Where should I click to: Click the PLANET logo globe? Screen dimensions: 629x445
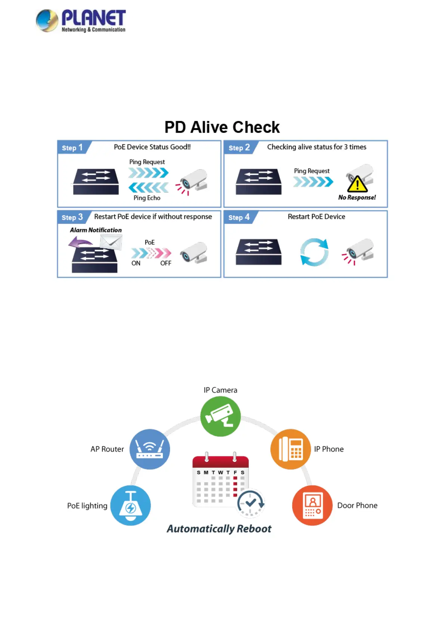pos(47,21)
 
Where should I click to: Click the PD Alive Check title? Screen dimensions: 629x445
pos(222,127)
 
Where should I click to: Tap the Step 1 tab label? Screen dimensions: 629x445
pos(72,148)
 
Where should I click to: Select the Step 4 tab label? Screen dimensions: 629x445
pos(239,217)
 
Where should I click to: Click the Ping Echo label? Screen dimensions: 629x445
pos(147,198)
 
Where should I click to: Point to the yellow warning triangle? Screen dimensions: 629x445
pos(357,184)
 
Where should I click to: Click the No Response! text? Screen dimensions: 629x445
pos(357,198)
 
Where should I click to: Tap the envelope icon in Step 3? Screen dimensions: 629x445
pos(111,242)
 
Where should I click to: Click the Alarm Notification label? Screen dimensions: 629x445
pos(96,230)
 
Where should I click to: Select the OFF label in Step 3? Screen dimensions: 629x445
pos(166,263)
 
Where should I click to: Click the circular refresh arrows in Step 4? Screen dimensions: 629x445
pos(314,252)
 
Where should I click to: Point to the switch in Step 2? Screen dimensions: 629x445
pos(259,182)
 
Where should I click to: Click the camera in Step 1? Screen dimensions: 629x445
pos(194,180)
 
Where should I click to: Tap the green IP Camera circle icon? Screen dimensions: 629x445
pos(220,416)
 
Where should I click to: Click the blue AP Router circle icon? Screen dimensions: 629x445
pos(149,449)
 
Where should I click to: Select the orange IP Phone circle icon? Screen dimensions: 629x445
pos(291,449)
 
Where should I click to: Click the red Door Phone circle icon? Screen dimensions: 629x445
pos(312,505)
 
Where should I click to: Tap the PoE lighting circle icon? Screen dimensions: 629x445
pos(130,505)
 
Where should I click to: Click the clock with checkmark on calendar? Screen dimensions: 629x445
pos(251,503)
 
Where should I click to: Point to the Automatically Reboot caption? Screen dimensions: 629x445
pos(219,529)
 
